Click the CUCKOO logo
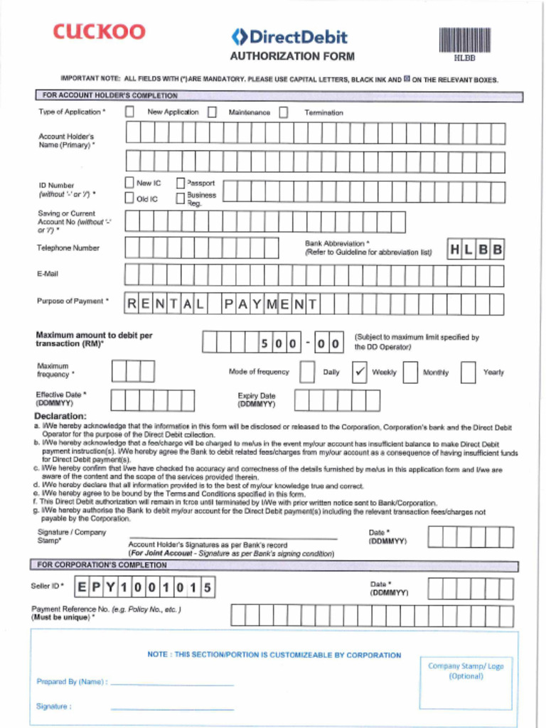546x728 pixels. click(99, 32)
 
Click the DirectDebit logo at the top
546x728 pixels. click(289, 37)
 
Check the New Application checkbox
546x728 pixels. click(129, 112)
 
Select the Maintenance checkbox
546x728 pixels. click(212, 112)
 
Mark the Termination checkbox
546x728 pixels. click(284, 112)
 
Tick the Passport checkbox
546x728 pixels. click(181, 183)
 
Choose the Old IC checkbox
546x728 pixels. click(129, 198)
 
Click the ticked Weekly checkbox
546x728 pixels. click(360, 372)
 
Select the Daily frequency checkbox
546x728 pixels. click(307, 372)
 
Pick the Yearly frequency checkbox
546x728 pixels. click(468, 372)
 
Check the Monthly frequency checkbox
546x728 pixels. click(410, 372)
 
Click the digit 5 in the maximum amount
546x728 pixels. click(264, 343)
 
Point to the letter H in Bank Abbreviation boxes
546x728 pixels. click(455, 250)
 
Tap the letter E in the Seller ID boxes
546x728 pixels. click(82, 587)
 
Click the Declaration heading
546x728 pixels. click(60, 416)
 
